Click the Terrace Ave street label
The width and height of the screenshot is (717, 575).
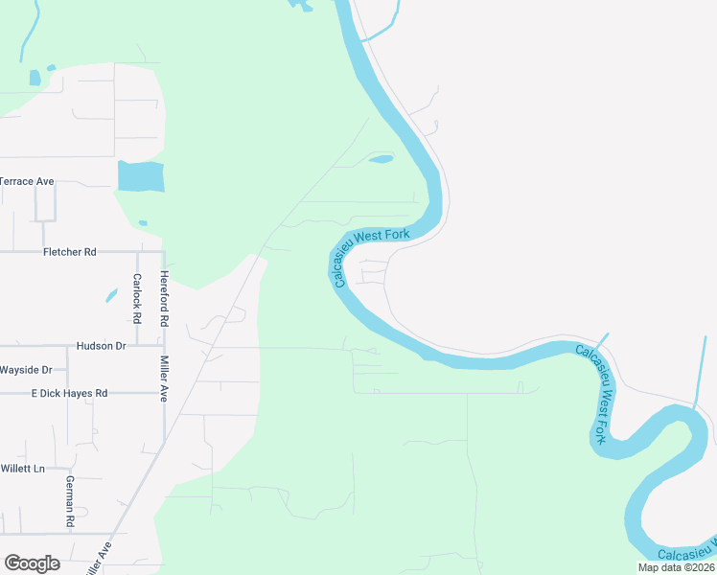pyautogui.click(x=28, y=181)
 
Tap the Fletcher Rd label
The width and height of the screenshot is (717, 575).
pyautogui.click(x=70, y=252)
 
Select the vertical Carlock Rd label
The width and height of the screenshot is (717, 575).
pyautogui.click(x=137, y=297)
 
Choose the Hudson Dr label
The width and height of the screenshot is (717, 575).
pyautogui.click(x=101, y=345)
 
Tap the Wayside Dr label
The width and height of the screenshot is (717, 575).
pyautogui.click(x=26, y=369)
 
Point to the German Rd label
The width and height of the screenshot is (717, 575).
pyautogui.click(x=69, y=501)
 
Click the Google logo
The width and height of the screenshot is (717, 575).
pyautogui.click(x=32, y=563)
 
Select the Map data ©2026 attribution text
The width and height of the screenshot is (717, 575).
pyautogui.click(x=676, y=567)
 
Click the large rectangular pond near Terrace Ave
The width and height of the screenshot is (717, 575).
pyautogui.click(x=141, y=176)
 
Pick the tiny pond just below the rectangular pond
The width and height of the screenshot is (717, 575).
pyautogui.click(x=143, y=223)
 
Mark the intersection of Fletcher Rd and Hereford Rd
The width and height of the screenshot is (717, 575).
pyautogui.click(x=164, y=252)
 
